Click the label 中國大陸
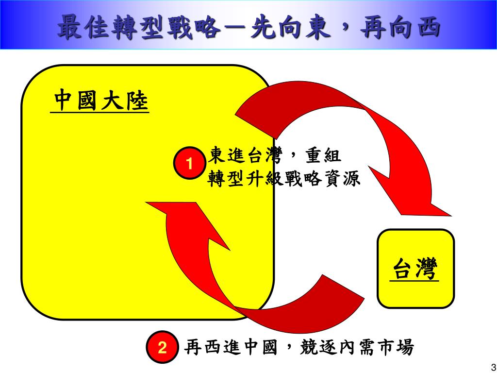[100, 101]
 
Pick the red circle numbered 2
[162, 347]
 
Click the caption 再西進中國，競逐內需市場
[299, 347]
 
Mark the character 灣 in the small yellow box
[427, 269]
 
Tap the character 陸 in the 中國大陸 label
[137, 101]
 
